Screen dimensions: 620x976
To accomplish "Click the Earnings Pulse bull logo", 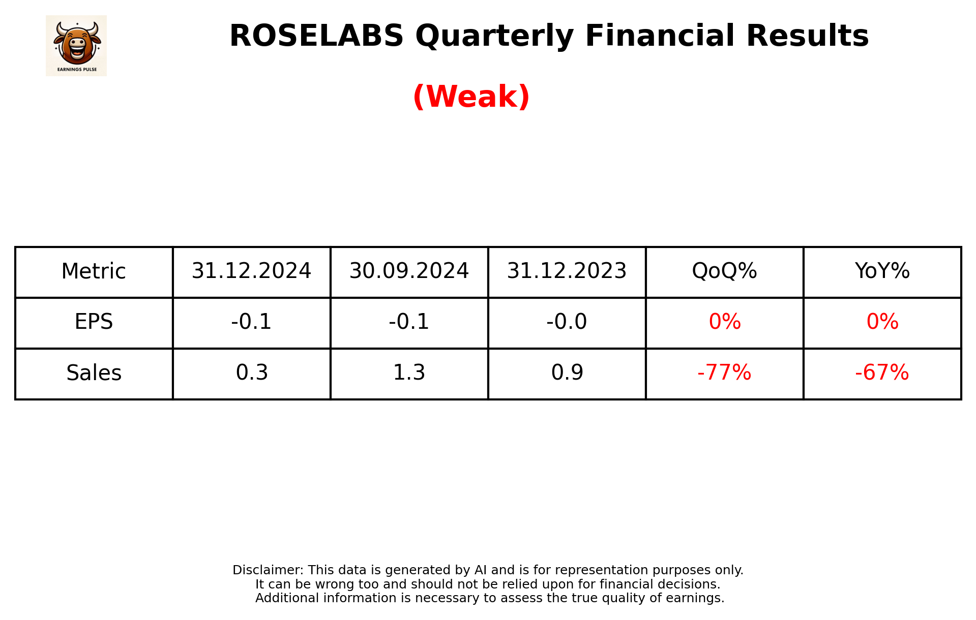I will (x=76, y=45).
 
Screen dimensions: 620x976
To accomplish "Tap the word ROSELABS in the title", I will (x=316, y=36).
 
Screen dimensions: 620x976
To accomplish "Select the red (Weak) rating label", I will (x=471, y=97).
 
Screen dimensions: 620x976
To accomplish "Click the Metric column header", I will (x=94, y=271).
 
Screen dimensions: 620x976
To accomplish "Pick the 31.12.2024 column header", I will (x=251, y=271).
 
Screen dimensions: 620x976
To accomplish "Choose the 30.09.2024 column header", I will (x=409, y=271).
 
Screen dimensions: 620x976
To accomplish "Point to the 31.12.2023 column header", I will (x=567, y=271).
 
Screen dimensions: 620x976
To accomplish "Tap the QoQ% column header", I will (x=724, y=271).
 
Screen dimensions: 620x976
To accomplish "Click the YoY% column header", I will (x=882, y=271).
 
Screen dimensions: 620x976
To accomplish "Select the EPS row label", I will (x=94, y=322).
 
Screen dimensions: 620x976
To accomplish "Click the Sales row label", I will (x=94, y=373).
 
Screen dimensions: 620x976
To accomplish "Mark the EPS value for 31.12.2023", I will (x=567, y=322).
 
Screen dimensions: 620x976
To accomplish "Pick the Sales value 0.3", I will (x=252, y=373).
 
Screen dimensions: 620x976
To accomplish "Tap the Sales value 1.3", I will (x=409, y=373).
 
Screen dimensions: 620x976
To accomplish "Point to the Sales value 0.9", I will (x=567, y=373).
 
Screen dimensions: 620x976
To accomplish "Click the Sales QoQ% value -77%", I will (x=724, y=373).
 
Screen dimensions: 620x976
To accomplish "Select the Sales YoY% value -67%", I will (x=882, y=373).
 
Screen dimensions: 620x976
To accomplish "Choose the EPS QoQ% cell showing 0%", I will (x=725, y=322).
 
